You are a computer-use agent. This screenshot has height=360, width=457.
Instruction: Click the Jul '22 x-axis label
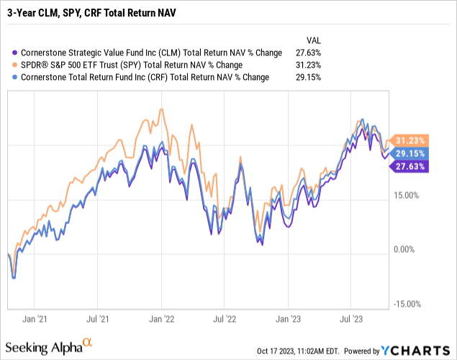227,317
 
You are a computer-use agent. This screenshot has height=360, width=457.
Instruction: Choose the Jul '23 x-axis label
351,317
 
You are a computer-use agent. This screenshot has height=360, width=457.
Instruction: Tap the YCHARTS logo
415,351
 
